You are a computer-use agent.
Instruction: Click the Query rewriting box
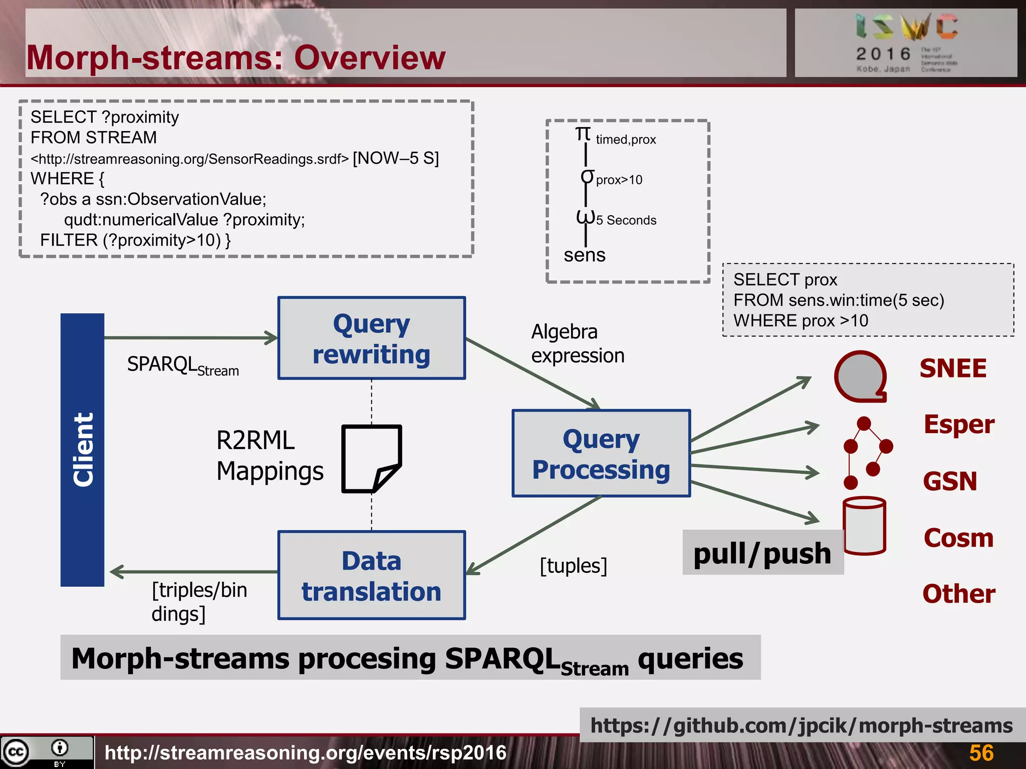pyautogui.click(x=371, y=338)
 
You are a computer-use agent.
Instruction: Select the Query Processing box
pyautogui.click(x=601, y=454)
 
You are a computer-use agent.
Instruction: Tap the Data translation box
pyautogui.click(x=371, y=575)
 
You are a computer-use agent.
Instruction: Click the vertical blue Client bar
pyautogui.click(x=83, y=450)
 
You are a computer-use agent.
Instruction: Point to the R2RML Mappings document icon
pyautogui.click(x=371, y=459)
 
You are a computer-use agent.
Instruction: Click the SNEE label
pyautogui.click(x=952, y=368)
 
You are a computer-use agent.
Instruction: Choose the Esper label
pyautogui.click(x=958, y=425)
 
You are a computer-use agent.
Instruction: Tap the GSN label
pyautogui.click(x=949, y=481)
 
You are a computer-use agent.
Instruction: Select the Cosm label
pyautogui.click(x=958, y=538)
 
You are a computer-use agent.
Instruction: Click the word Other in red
pyautogui.click(x=958, y=594)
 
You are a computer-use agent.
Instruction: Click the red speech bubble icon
pyautogui.click(x=860, y=376)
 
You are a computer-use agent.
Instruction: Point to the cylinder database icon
pyautogui.click(x=864, y=526)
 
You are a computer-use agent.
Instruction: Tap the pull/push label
pyautogui.click(x=762, y=553)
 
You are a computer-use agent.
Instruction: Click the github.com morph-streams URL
pyautogui.click(x=801, y=725)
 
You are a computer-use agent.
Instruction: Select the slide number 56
pyautogui.click(x=981, y=752)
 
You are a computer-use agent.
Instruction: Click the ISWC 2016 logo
pyautogui.click(x=906, y=43)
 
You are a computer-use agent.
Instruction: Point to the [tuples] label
pyautogui.click(x=573, y=566)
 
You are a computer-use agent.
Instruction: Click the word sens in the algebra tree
pyautogui.click(x=584, y=255)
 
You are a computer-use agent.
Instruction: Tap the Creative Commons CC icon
pyautogui.click(x=16, y=751)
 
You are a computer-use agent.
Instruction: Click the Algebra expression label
pyautogui.click(x=577, y=343)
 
